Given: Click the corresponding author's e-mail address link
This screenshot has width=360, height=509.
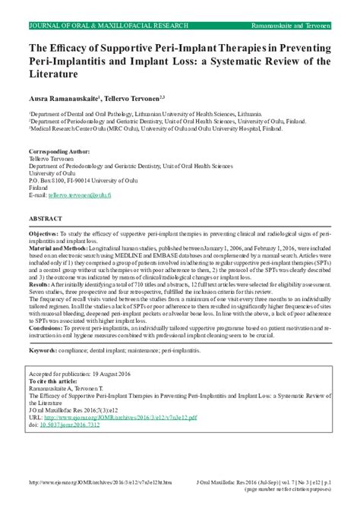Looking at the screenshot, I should [80, 195].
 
